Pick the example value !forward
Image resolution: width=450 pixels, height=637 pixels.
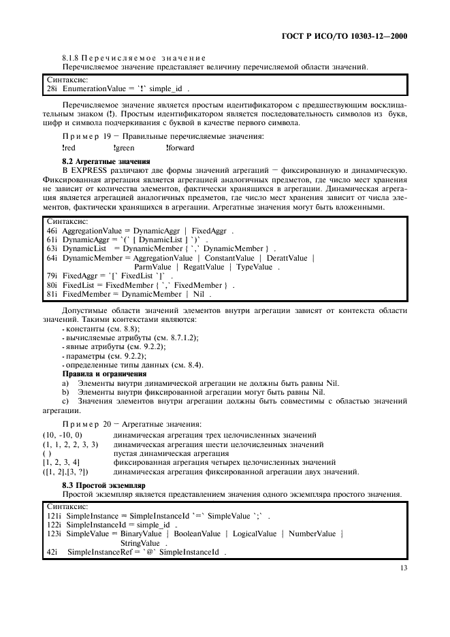(180, 147)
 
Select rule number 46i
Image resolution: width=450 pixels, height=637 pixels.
(51, 231)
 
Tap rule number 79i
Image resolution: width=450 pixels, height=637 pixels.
(51, 276)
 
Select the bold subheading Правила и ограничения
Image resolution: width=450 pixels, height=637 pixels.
(104, 373)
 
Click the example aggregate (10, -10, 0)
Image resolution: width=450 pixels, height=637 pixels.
(61, 434)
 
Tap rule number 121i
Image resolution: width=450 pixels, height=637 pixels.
(54, 517)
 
